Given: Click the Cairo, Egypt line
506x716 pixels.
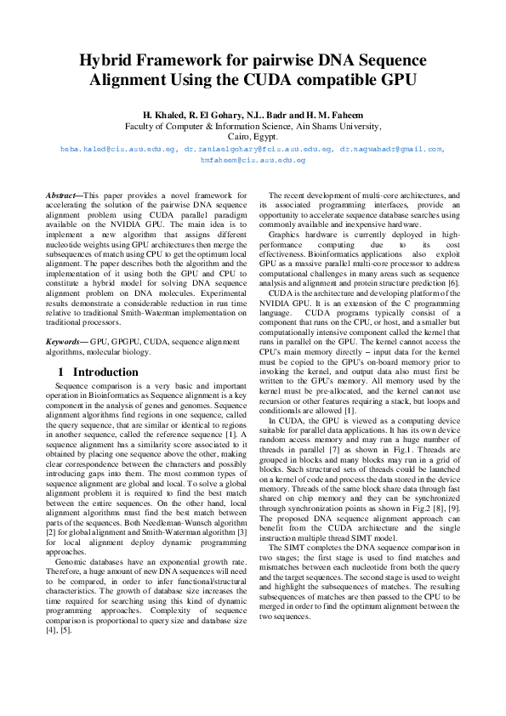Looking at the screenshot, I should point(253,135).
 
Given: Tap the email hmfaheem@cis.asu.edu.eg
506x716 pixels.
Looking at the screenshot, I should point(253,159).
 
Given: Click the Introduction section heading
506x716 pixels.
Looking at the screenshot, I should point(105,372).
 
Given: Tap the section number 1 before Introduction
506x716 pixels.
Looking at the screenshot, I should point(61,372).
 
